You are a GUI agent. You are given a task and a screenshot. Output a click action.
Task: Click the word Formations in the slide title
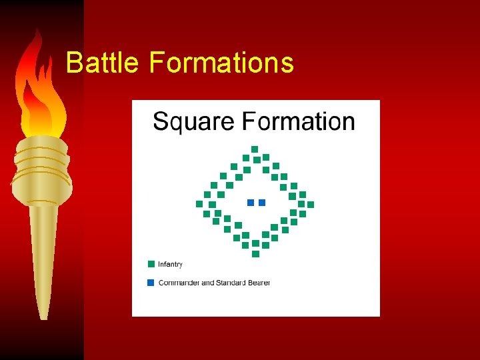221,63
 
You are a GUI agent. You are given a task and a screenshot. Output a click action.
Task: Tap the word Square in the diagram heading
193,123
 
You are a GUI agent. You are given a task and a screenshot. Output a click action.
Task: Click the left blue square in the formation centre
251,202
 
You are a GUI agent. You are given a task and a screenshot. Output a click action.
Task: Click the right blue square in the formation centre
262,202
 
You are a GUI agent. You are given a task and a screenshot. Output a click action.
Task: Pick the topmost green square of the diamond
255,149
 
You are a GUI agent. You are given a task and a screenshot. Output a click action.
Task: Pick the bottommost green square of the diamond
255,254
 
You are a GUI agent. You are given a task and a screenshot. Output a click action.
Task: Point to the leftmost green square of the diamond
199,204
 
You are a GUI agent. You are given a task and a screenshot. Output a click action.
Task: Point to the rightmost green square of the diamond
311,204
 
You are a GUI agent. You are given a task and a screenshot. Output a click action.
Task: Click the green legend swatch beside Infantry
151,264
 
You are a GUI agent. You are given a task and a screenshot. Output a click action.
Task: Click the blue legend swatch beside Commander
151,283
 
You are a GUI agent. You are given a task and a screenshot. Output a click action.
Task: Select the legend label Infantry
170,265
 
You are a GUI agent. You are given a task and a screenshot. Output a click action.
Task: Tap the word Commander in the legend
179,283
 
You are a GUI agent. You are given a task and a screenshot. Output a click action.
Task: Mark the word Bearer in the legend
259,283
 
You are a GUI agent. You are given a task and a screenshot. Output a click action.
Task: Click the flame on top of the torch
41,93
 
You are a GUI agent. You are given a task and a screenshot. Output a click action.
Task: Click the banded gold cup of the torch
41,170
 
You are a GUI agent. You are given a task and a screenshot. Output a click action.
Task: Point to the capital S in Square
159,122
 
